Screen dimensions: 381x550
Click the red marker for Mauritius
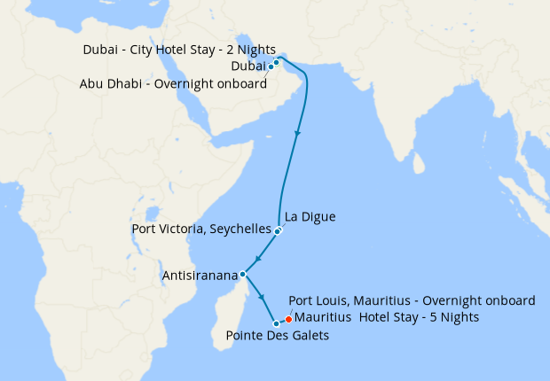tap(288, 319)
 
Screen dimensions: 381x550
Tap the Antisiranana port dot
tap(242, 275)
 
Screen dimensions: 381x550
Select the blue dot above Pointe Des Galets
tap(276, 323)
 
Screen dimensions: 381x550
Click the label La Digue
tap(310, 216)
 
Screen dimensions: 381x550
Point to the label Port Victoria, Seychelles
tap(200, 229)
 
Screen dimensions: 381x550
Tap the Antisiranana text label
tap(200, 276)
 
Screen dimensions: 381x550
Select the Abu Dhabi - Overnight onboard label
tap(173, 84)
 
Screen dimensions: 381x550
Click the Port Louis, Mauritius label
tap(412, 300)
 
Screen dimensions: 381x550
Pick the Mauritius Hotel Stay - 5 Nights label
tap(387, 317)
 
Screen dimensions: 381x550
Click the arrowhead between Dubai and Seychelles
tap(297, 134)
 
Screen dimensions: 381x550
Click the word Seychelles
tap(240, 229)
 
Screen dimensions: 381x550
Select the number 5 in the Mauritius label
tap(428, 317)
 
